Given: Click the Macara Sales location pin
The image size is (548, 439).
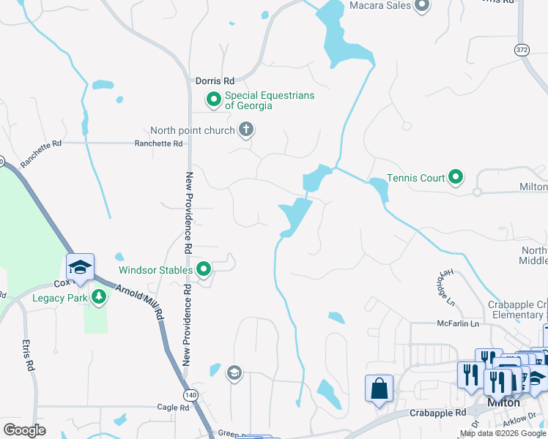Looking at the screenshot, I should [x=421, y=7].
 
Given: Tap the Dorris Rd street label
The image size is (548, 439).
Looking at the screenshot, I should [x=215, y=81].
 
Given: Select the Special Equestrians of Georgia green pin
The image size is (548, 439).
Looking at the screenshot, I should [x=214, y=100].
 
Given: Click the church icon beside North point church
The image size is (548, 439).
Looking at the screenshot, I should [x=246, y=131].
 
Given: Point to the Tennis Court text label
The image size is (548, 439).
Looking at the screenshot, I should [x=415, y=178].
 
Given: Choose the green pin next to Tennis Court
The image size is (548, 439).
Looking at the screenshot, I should [x=456, y=176].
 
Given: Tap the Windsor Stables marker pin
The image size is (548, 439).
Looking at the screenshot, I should [x=204, y=270].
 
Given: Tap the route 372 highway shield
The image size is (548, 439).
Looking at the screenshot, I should [x=521, y=50].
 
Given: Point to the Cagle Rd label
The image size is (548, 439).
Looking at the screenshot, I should [x=173, y=407].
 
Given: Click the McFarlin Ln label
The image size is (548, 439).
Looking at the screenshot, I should [x=458, y=323].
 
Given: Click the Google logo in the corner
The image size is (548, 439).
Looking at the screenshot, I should [x=24, y=429].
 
